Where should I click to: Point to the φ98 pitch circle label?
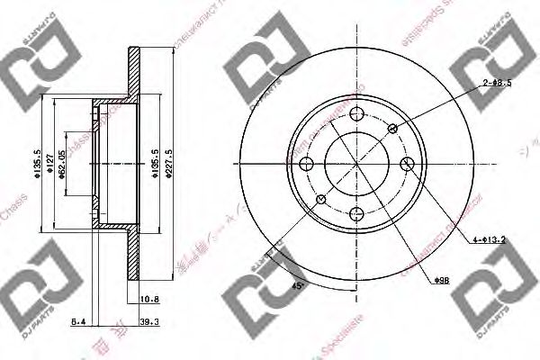tap(442, 283)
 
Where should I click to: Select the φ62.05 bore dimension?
tap(62, 165)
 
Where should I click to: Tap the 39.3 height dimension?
tap(150, 319)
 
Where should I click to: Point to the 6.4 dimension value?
tap(78, 319)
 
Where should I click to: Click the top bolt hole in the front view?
tap(357, 114)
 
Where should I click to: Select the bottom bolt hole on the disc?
tap(357, 213)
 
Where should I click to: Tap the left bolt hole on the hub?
tap(307, 164)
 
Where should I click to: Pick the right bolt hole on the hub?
tap(407, 164)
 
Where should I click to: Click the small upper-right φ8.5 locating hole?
tap(392, 130)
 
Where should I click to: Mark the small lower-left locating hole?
tap(322, 199)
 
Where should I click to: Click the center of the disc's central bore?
tap(357, 164)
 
